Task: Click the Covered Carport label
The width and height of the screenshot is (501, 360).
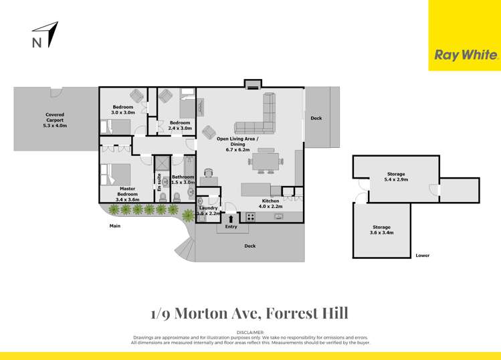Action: pyautogui.click(x=56, y=120)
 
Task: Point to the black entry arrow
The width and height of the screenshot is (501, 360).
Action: pyautogui.click(x=232, y=217)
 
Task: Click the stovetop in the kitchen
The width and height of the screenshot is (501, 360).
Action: pyautogui.click(x=252, y=216)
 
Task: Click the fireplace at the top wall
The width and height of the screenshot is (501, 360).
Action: pyautogui.click(x=252, y=85)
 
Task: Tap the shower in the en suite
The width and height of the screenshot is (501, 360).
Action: pyautogui.click(x=163, y=165)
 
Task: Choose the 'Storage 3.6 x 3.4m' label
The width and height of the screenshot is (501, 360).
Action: pyautogui.click(x=383, y=230)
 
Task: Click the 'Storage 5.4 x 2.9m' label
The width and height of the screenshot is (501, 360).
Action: pyautogui.click(x=395, y=177)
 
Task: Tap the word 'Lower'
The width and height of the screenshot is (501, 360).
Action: pyautogui.click(x=422, y=256)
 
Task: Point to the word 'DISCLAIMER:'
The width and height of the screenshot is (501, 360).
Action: pyautogui.click(x=251, y=333)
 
